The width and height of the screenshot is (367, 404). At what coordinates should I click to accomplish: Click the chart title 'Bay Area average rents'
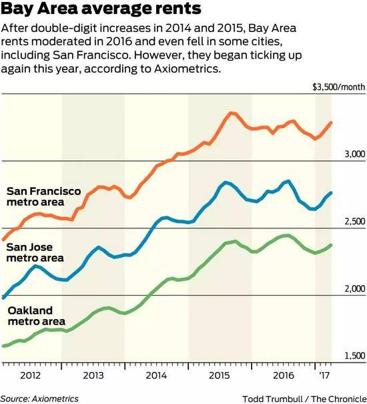click(101, 8)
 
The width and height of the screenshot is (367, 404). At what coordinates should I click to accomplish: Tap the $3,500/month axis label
click(339, 87)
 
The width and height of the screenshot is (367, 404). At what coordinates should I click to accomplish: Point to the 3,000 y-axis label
click(355, 154)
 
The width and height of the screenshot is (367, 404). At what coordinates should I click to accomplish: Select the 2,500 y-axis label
click(355, 221)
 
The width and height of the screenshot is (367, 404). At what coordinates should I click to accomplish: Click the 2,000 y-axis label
click(355, 288)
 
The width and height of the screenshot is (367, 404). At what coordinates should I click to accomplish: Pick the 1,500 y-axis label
click(355, 356)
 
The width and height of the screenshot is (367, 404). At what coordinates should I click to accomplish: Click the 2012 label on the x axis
click(31, 375)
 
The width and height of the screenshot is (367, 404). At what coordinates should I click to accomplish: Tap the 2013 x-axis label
click(93, 375)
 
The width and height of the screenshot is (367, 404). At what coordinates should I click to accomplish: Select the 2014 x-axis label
click(156, 375)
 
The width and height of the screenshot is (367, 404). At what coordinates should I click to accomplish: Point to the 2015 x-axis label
click(219, 375)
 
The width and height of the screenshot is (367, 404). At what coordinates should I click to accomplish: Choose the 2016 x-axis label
click(284, 375)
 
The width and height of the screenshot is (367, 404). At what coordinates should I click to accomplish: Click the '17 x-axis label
click(324, 375)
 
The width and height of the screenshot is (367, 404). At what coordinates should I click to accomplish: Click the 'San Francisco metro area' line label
click(43, 196)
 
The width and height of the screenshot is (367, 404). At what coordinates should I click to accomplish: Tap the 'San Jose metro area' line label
click(35, 252)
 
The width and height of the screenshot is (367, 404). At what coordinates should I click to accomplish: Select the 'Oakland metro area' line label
click(36, 316)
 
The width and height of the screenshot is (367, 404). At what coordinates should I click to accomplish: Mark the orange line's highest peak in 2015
click(232, 113)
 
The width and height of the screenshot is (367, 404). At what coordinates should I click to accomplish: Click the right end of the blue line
click(331, 193)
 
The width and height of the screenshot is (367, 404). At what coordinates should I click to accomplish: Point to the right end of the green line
click(331, 245)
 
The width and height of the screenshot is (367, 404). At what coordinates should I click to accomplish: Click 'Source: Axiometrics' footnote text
click(39, 399)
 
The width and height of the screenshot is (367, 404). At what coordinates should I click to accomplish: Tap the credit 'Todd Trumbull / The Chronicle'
click(304, 399)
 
